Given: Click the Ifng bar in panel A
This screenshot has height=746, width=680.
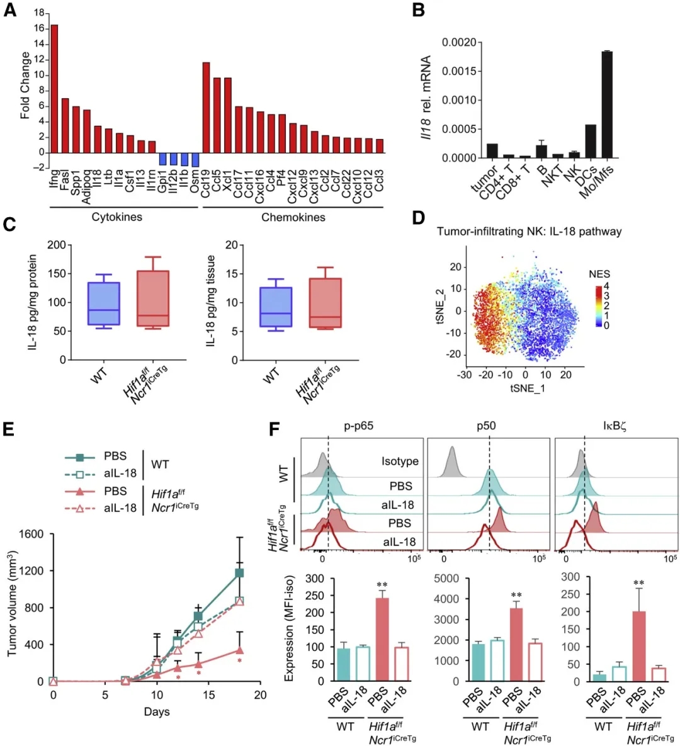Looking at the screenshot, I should [54, 88].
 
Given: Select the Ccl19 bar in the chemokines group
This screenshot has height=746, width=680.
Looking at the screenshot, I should [206, 107].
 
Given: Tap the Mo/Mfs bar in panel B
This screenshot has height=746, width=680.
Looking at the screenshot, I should [607, 105].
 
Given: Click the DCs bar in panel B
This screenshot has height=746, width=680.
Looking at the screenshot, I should [591, 141].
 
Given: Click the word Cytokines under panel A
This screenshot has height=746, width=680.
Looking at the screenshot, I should [117, 217].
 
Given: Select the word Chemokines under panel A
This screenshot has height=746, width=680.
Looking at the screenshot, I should [293, 217].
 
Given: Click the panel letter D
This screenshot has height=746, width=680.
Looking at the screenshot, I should [417, 218].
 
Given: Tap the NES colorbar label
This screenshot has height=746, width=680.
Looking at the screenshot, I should [599, 274].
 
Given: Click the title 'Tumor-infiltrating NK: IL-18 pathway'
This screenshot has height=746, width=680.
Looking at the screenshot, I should [529, 232].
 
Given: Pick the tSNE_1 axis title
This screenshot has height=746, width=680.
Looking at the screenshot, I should [528, 388].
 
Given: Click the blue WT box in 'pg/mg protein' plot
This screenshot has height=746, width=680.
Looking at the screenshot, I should [103, 304].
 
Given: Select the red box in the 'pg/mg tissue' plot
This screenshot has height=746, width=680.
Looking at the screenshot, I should [325, 303].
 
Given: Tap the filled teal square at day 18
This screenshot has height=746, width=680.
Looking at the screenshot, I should [240, 573].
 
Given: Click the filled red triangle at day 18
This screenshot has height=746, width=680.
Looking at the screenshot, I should [240, 650].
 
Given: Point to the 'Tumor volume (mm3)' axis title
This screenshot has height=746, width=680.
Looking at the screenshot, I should [12, 604].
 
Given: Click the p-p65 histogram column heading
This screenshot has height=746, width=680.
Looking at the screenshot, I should [358, 426].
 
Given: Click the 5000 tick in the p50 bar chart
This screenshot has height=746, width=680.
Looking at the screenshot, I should [446, 577].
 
